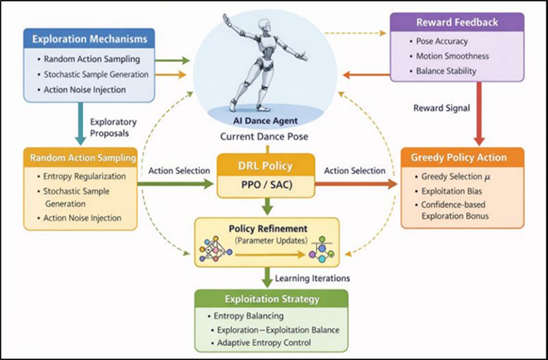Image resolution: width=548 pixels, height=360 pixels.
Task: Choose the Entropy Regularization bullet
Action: [x=85, y=175]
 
